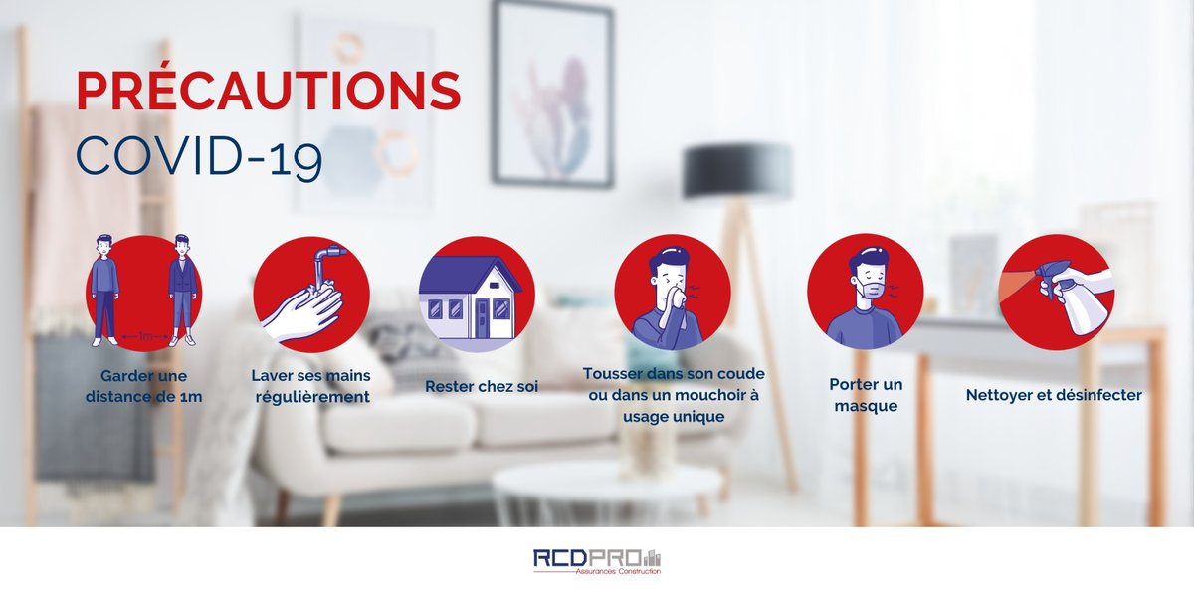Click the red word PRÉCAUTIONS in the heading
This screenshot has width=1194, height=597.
[269, 92]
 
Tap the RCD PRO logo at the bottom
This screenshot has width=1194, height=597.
[596, 561]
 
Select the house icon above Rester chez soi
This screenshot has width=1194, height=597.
[471, 296]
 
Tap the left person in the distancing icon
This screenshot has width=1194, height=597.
[105, 289]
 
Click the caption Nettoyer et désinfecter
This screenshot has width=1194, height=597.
[1054, 395]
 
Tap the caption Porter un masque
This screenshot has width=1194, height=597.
[865, 395]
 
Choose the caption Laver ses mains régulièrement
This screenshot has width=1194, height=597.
[311, 386]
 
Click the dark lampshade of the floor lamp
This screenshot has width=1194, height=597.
[737, 170]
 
